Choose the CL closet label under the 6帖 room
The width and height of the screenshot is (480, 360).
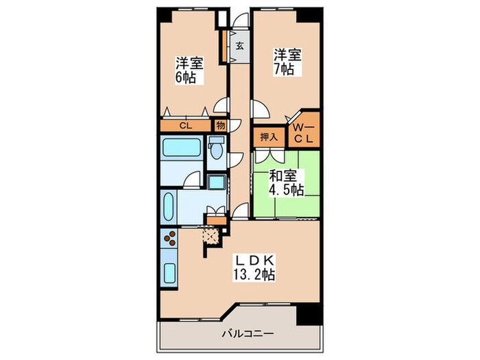pyautogui.click(x=185, y=125)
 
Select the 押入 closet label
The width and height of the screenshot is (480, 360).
pyautogui.click(x=268, y=136)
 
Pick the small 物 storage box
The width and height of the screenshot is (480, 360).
pyautogui.click(x=221, y=125)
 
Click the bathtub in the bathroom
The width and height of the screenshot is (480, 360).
pyautogui.click(x=181, y=149)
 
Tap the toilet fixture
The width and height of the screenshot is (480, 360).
pyautogui.click(x=217, y=149)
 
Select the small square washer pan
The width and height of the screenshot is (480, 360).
pyautogui.click(x=217, y=182)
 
